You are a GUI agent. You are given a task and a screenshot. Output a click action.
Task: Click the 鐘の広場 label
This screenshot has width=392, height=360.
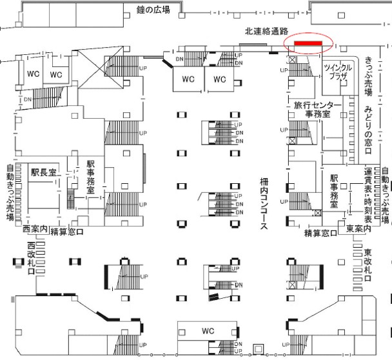(x=153, y=10)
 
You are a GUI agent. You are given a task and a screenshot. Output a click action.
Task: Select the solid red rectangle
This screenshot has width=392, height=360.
(x=308, y=43)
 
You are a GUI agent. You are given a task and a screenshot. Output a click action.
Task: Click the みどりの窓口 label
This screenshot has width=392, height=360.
(x=369, y=130)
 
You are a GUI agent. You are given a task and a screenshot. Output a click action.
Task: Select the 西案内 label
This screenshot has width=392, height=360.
(x=35, y=229)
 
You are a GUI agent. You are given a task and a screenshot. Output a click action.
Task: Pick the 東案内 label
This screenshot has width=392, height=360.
(x=358, y=229)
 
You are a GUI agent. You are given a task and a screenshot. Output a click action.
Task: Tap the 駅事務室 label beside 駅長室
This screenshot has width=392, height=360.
(x=91, y=177)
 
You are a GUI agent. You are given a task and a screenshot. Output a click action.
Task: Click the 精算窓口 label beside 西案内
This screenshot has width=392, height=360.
(x=68, y=232)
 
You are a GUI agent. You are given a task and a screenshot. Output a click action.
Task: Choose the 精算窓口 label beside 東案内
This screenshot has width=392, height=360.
(x=322, y=232)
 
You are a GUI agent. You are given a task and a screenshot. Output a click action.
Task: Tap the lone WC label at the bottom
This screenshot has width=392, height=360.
(x=207, y=331)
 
